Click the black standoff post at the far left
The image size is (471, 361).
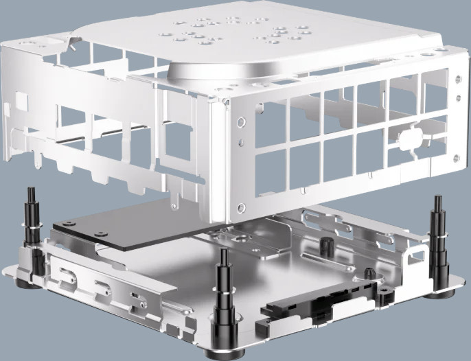[31, 220]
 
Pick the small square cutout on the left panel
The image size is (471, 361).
[21, 103]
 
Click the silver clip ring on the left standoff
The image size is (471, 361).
[31, 224]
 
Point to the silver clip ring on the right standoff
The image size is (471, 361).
[437, 237]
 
